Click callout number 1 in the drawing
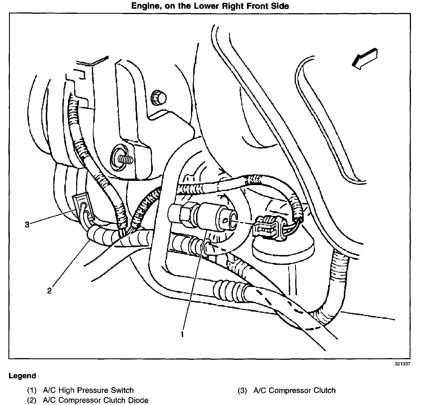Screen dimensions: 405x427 [x=182, y=334]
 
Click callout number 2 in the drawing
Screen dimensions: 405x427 [x=49, y=291]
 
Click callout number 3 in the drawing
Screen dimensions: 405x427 [x=27, y=225]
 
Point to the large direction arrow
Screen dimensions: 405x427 [x=364, y=59]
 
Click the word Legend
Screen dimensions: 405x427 [x=22, y=376]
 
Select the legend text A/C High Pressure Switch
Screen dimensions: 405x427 [x=88, y=390]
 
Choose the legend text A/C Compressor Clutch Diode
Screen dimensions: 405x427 [x=96, y=400]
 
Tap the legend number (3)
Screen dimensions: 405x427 [x=242, y=390]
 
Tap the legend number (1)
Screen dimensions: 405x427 [x=32, y=390]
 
